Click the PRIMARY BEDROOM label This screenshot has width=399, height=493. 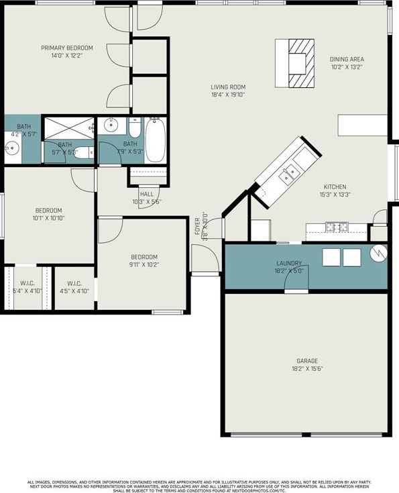(66, 48)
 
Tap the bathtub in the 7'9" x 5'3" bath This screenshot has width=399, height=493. (154, 140)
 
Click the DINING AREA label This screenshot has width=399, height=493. (346, 59)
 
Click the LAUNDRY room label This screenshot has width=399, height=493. (289, 264)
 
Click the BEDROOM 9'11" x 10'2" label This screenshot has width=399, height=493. (144, 257)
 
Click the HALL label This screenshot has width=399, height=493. (146, 194)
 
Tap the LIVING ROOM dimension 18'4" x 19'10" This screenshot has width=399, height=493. (228, 95)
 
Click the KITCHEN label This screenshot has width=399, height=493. (335, 186)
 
